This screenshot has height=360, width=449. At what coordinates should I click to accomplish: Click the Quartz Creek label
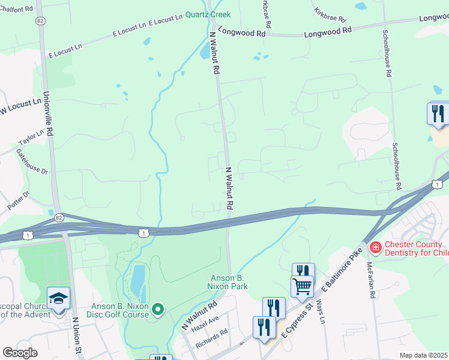click(x=208, y=14)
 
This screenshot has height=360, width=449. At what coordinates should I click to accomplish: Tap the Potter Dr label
click(x=18, y=200)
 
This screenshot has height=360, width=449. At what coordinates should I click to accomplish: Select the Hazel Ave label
click(x=205, y=325)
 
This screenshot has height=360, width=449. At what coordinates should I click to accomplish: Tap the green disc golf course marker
click(x=158, y=309)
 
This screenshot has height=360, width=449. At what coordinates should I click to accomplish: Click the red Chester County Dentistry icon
click(x=375, y=247)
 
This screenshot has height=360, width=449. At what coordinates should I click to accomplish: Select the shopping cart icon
click(x=302, y=285)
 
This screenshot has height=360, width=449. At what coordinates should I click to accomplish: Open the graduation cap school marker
click(x=59, y=298)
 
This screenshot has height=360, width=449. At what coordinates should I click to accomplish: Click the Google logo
click(x=20, y=353)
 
